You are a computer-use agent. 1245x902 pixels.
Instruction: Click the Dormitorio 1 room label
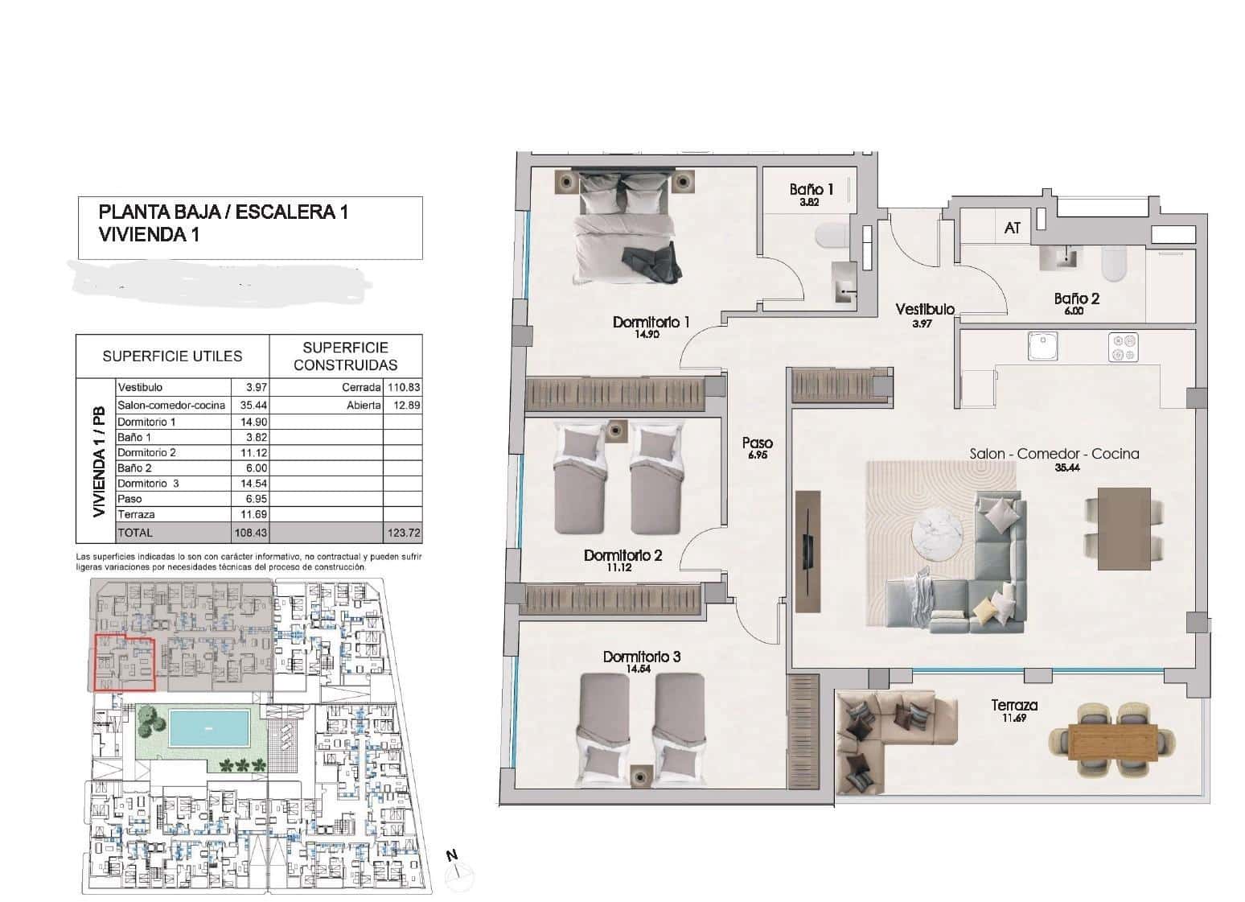[x=651, y=322]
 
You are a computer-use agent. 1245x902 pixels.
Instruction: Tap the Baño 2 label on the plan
[x=1076, y=299]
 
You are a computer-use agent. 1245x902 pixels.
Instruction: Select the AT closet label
[x=1012, y=228]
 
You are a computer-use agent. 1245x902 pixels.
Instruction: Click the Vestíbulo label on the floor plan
[x=925, y=309]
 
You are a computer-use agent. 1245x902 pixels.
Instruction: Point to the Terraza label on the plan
[x=1013, y=706]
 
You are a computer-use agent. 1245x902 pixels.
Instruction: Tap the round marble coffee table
[x=939, y=532]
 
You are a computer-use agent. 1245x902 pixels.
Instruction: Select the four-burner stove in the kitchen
[x=1124, y=346]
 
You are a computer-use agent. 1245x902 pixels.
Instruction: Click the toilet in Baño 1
[x=828, y=237]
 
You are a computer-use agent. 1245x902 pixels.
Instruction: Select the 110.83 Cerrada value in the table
[x=403, y=387]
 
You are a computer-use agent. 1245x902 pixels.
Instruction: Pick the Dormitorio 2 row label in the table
[x=146, y=452]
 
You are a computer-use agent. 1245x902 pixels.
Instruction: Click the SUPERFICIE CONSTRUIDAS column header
[x=345, y=356]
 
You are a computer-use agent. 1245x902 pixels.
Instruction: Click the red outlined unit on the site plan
[x=124, y=662]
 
